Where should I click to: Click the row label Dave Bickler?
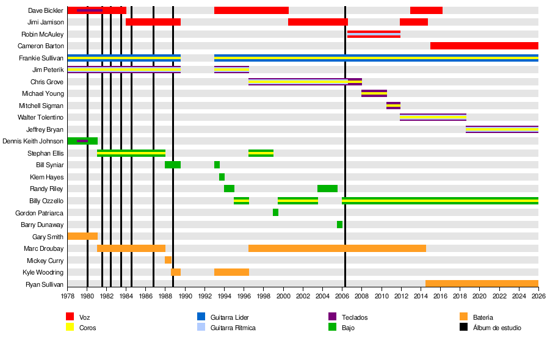46,10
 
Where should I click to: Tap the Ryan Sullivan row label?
45,284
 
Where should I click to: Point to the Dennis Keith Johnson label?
33,141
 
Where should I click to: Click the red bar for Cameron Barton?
484,46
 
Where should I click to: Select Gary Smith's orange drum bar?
82,236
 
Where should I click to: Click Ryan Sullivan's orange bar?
482,284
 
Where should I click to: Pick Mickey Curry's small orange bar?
168,260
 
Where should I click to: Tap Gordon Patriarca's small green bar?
275,212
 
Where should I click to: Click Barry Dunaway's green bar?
339,225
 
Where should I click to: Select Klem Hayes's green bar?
222,177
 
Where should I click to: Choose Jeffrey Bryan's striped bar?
502,129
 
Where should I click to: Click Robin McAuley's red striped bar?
374,34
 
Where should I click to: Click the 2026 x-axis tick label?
538,296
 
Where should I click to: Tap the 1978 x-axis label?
67,296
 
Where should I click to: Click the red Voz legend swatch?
70,317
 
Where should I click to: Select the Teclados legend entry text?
355,317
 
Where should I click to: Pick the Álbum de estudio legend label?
497,328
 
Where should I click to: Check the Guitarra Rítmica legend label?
233,328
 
